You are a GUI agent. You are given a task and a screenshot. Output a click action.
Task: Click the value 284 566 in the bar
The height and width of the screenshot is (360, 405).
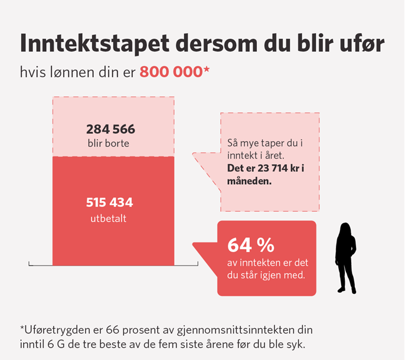tap(110, 129)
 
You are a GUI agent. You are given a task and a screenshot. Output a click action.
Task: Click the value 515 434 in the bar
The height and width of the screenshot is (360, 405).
tap(110, 203)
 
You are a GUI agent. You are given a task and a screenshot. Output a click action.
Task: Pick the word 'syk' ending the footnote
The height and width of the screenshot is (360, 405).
tap(295, 344)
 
